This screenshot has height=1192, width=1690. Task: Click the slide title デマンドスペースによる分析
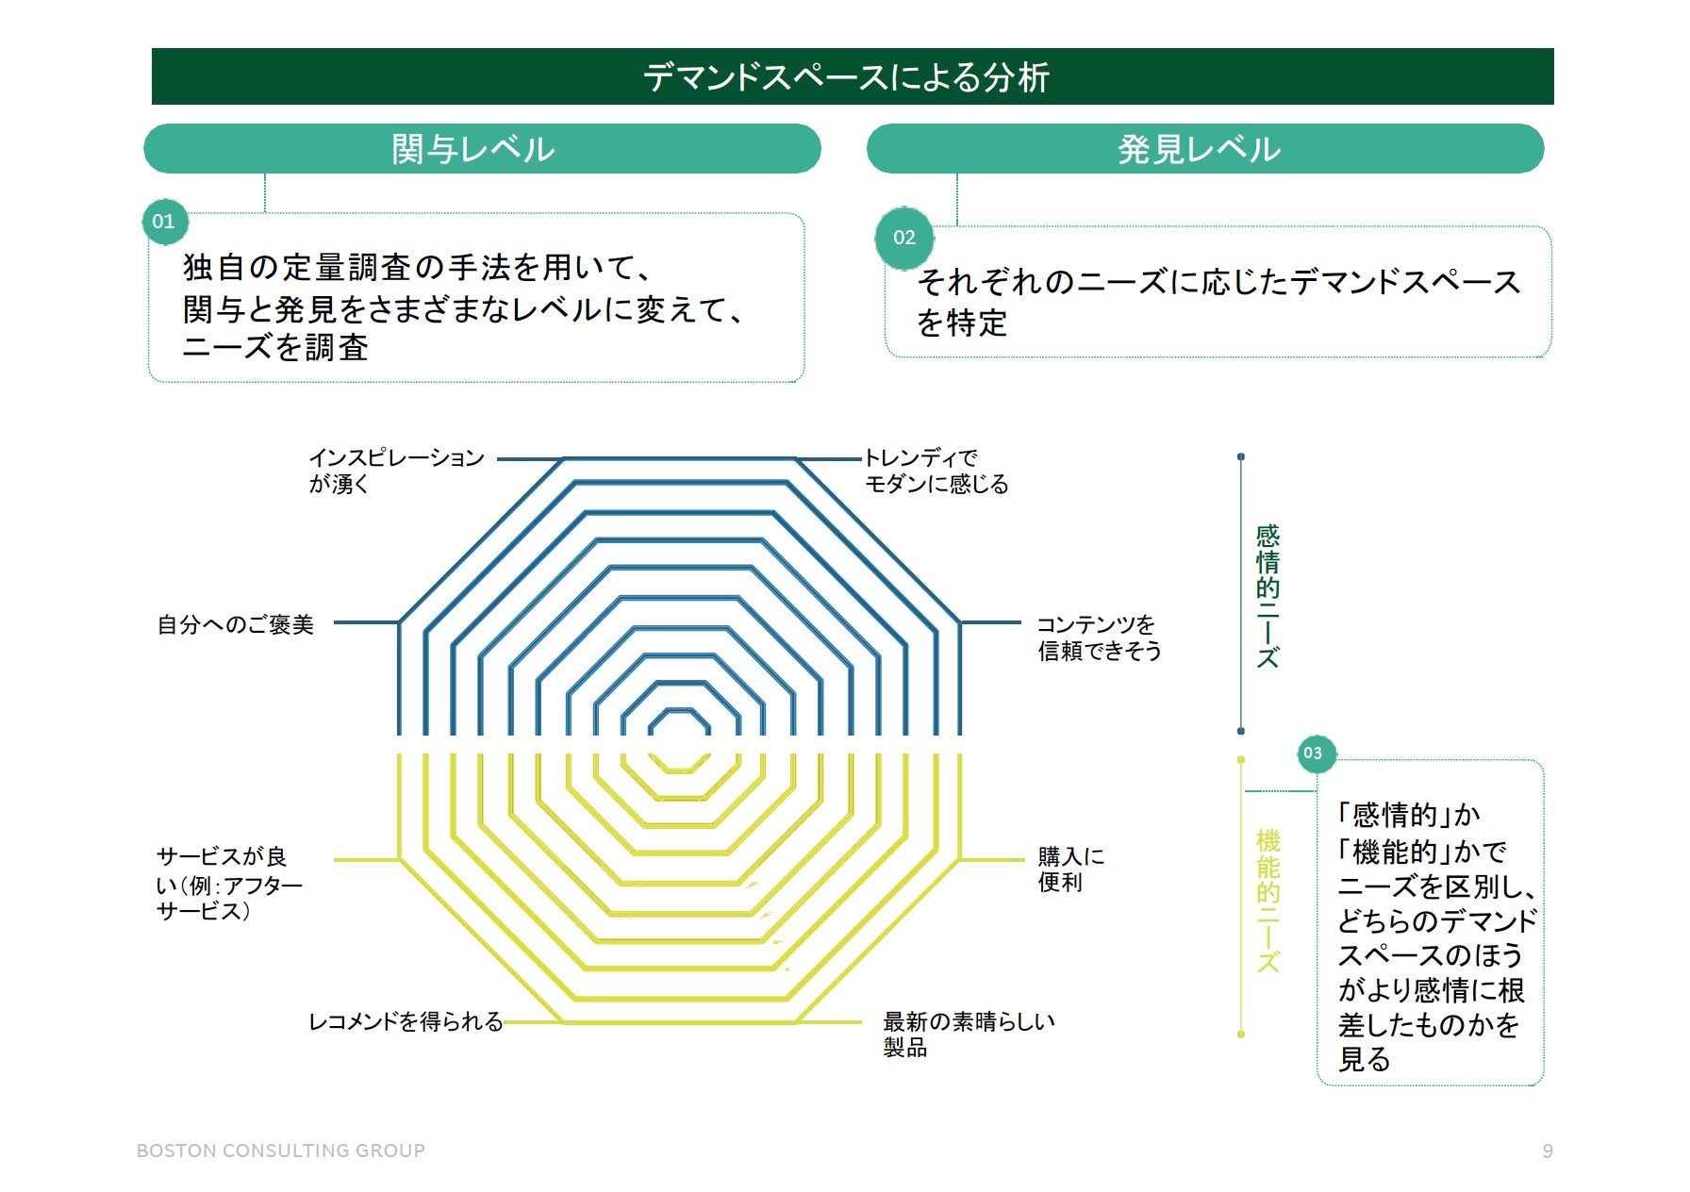(x=846, y=76)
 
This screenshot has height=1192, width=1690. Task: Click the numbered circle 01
(x=164, y=222)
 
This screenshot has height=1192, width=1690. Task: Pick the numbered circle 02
(x=904, y=238)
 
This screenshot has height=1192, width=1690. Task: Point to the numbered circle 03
(x=1313, y=753)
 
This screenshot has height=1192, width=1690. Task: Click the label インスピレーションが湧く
(x=396, y=471)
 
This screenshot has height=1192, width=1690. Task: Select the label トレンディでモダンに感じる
(x=936, y=471)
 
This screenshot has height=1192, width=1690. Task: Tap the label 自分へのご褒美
(x=235, y=624)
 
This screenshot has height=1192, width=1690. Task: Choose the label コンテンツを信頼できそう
(x=1099, y=637)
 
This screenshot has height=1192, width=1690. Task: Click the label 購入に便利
(x=1070, y=869)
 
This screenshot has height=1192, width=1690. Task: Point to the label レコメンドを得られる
(x=406, y=1021)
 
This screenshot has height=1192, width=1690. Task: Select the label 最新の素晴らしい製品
(x=968, y=1034)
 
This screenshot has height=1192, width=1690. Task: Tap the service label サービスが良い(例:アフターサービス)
(x=228, y=884)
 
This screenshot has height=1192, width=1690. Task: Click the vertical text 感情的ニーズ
(x=1267, y=596)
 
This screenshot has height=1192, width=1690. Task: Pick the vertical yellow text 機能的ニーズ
(x=1267, y=900)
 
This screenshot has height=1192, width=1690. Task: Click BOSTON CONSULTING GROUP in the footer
(x=281, y=1151)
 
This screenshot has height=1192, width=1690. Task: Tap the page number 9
(x=1548, y=1151)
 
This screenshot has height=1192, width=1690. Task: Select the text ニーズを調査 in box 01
(x=275, y=348)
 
